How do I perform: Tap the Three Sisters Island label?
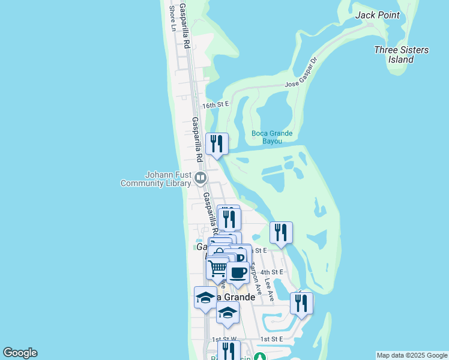pyautogui.click(x=401, y=55)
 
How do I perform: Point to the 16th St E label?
pyautogui.click(x=215, y=105)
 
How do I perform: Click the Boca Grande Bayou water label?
pyautogui.click(x=273, y=137)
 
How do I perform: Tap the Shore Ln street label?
pyautogui.click(x=172, y=19)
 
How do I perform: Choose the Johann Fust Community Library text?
pyautogui.click(x=155, y=179)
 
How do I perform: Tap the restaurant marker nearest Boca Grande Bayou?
pyautogui.click(x=217, y=144)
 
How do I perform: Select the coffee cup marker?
pyautogui.click(x=238, y=272)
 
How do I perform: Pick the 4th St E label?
pyautogui.click(x=272, y=272)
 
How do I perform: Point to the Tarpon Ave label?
pyautogui.click(x=256, y=278)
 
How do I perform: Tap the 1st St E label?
pyautogui.click(x=271, y=339)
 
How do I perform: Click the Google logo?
pyautogui.click(x=20, y=353)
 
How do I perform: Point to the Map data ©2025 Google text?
pyautogui.click(x=412, y=355)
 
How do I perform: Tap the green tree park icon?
pyautogui.click(x=259, y=357)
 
